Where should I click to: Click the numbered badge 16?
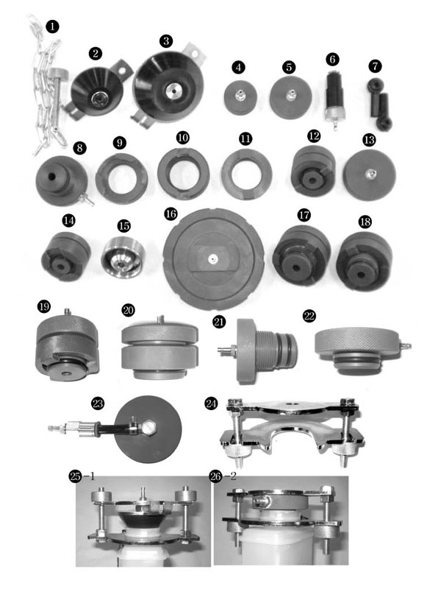pyautogui.click(x=171, y=214)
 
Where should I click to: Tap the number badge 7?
pyautogui.click(x=375, y=66)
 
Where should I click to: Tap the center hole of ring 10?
pyautogui.click(x=183, y=174)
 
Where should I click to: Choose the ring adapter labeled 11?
pyautogui.click(x=247, y=174)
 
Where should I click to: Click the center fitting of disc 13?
pyautogui.click(x=369, y=173)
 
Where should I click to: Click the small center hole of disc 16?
pyautogui.click(x=213, y=258)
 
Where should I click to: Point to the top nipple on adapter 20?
pyautogui.click(x=159, y=320)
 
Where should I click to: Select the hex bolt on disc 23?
pyautogui.click(x=148, y=428)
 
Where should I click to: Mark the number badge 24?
pyautogui.click(x=211, y=403)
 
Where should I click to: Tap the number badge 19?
pyautogui.click(x=44, y=306)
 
